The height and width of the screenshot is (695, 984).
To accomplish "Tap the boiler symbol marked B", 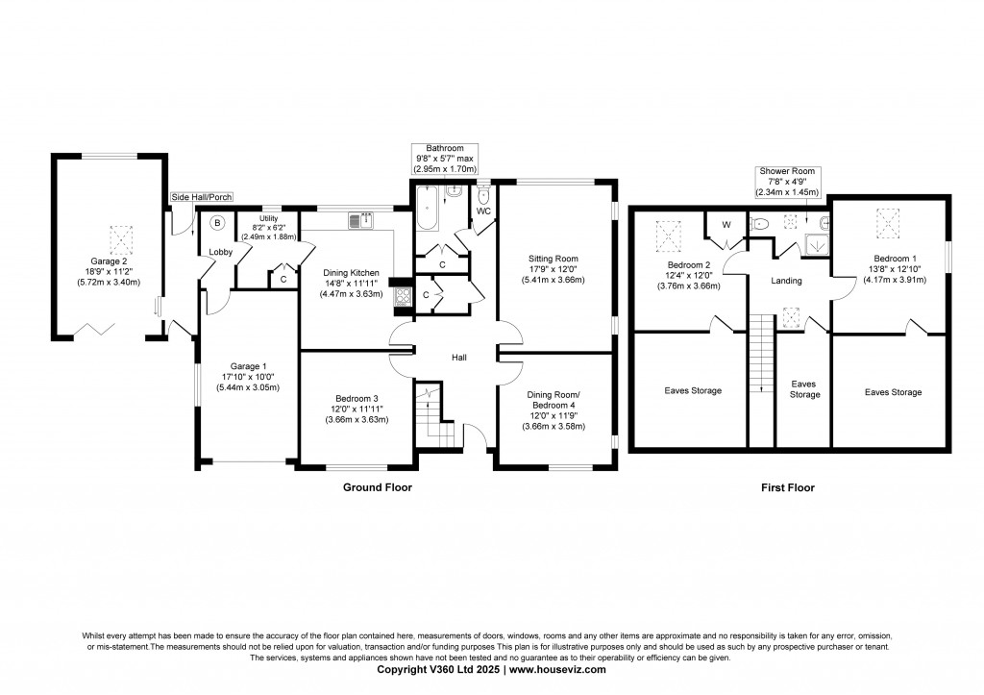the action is (x=217, y=222).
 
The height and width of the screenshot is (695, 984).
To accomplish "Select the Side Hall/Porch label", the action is (x=202, y=197).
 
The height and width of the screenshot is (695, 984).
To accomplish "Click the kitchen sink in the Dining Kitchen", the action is (x=361, y=220).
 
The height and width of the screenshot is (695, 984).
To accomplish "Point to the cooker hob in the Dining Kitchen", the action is (x=402, y=296).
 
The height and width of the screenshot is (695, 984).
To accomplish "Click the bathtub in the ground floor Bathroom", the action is (x=428, y=209).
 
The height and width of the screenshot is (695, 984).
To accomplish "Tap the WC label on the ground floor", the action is (x=483, y=211).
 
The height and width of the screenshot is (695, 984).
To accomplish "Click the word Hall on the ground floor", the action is (x=459, y=358).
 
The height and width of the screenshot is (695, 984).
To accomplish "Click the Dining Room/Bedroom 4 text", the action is (x=553, y=400).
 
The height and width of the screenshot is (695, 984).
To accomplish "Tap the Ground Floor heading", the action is (x=377, y=487).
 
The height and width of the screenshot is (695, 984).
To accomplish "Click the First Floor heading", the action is (x=788, y=487).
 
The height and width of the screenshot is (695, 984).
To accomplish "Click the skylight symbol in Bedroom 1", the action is (x=887, y=224).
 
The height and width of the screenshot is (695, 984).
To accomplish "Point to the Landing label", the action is (x=786, y=281).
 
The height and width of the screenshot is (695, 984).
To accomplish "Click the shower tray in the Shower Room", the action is (x=817, y=243).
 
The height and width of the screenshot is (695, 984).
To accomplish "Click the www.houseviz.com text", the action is (x=557, y=669).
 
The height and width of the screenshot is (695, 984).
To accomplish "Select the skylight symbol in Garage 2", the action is (x=119, y=238).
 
